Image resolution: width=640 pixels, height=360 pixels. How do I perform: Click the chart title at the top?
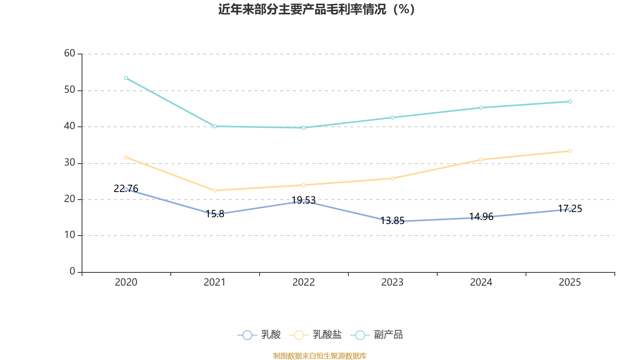316,9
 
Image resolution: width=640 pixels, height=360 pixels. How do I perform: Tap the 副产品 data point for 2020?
126,78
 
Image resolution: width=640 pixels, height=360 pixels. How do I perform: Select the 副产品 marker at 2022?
304,128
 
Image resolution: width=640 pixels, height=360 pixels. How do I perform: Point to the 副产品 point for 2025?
570,102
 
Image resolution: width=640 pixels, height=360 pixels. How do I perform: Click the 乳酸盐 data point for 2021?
215,190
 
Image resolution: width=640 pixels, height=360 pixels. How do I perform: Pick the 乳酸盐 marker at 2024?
481,160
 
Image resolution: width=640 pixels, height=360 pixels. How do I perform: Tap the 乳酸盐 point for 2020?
126,157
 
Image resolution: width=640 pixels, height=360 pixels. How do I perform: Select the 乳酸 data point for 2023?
392,222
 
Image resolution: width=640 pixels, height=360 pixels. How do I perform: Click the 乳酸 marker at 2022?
304,201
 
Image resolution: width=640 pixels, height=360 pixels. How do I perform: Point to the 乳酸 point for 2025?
570,209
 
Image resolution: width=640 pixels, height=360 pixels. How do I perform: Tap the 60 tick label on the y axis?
70,54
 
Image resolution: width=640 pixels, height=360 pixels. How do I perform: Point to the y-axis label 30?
70,163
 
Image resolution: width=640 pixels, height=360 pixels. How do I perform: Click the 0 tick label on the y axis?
72,272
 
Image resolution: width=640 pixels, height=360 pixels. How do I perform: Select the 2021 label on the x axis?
215,282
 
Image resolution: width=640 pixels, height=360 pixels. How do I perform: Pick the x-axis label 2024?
481,282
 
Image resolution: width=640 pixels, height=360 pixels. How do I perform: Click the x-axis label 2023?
392,282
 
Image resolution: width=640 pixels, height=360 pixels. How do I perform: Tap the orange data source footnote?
320,356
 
